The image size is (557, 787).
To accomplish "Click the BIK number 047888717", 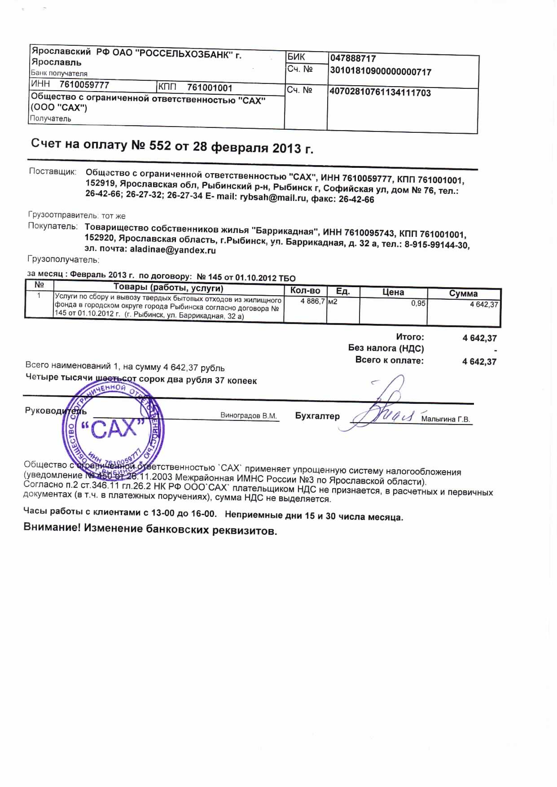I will coord(353,58).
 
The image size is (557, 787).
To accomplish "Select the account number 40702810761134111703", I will coord(380,93).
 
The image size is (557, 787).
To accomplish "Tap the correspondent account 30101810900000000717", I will coord(381,71).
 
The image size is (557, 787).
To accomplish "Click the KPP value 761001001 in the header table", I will coord(210,87).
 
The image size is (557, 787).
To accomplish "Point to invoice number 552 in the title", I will coord(158,146).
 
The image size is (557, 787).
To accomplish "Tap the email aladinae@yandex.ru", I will coord(173,250).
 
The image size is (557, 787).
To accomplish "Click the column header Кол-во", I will coord(305,290).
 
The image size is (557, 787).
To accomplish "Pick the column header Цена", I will coord(393,292).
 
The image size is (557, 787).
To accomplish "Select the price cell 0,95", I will coord(418,303).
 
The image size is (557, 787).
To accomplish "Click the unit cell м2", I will coord(333,302).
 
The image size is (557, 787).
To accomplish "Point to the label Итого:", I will coord(410,337).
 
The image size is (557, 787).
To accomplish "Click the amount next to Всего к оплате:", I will coord(479,362).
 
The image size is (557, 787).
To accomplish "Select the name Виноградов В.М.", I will coord(249,415).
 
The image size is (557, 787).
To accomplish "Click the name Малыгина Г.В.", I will coord(446,420).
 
